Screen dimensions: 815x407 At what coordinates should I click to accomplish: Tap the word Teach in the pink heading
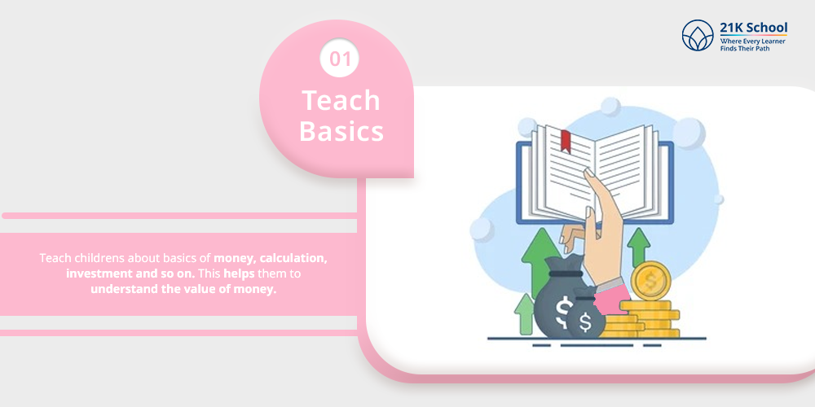point(341,100)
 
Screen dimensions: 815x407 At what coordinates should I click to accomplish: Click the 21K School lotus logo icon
point(698,35)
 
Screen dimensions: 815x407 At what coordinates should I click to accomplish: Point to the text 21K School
point(754,28)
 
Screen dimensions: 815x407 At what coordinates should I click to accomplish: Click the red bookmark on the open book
point(566,141)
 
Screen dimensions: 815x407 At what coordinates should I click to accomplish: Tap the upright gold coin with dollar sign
point(650,281)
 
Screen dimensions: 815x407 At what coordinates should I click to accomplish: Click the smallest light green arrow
point(524,313)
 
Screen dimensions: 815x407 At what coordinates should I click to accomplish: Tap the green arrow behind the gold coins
point(639,247)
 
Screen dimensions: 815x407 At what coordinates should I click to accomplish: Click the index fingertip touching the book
point(588,172)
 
